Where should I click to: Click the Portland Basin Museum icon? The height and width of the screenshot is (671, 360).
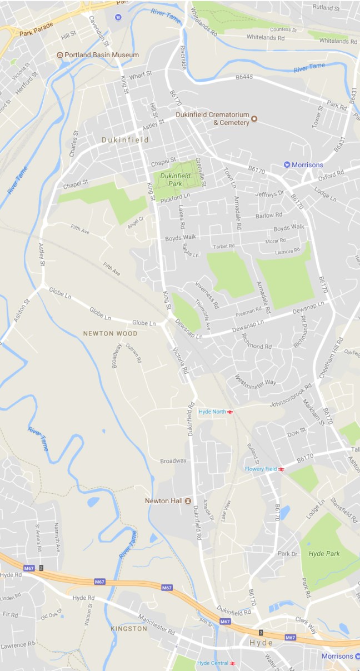pyautogui.click(x=60, y=55)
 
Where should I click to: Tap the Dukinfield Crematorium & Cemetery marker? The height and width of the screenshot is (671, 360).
pyautogui.click(x=254, y=118)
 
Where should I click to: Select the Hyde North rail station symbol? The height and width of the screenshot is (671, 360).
pyautogui.click(x=230, y=412)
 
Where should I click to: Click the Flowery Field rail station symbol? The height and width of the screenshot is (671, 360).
pyautogui.click(x=282, y=469)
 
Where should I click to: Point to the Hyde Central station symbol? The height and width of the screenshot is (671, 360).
pyautogui.click(x=233, y=663)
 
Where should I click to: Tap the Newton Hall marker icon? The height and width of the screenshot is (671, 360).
pyautogui.click(x=188, y=500)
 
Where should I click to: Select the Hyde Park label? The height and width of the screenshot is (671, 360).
pyautogui.click(x=324, y=554)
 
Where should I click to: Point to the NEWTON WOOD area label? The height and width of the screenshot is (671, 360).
pyautogui.click(x=110, y=334)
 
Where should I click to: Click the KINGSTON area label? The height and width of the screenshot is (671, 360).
pyautogui.click(x=129, y=629)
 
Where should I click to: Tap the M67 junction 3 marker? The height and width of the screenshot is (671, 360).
pyautogui.click(x=261, y=633)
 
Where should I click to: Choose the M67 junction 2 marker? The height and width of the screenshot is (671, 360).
pyautogui.click(x=41, y=568)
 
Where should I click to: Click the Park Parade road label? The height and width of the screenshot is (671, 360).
pyautogui.click(x=35, y=33)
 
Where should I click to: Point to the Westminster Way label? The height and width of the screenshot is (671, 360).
pyautogui.click(x=256, y=377)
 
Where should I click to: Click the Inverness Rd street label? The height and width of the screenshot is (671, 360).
pyautogui.click(x=207, y=294)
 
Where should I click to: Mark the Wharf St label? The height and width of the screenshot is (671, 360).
pyautogui.click(x=140, y=76)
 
